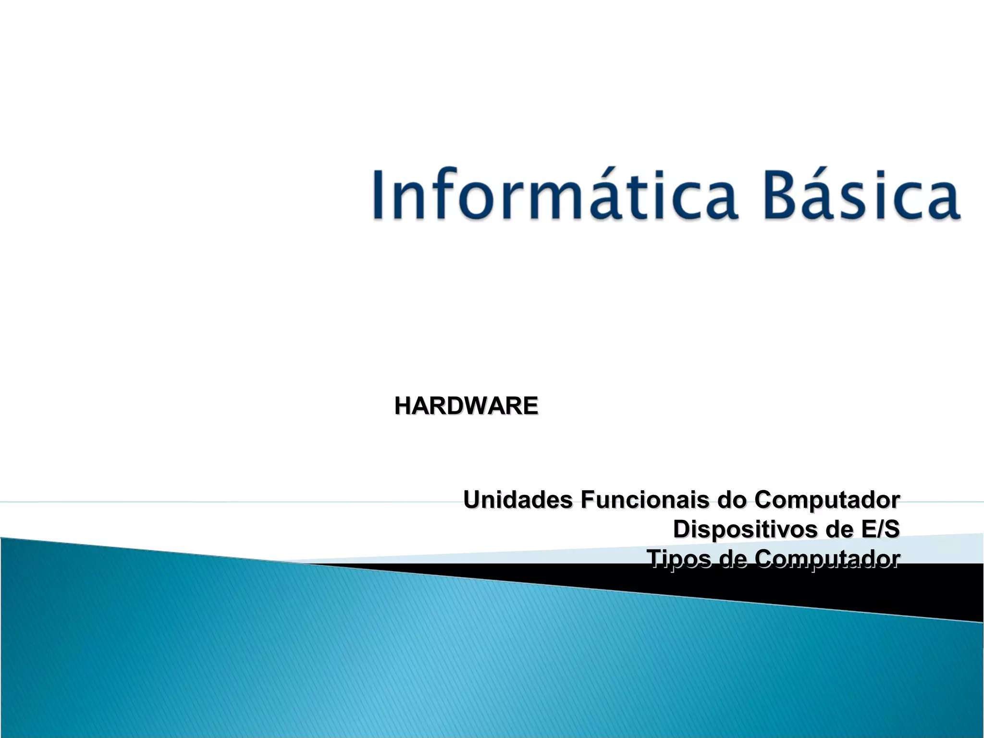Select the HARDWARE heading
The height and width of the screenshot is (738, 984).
pos(466,406)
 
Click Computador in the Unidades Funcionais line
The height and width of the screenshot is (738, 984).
pos(827,500)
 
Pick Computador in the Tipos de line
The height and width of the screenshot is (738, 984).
pos(827,558)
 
